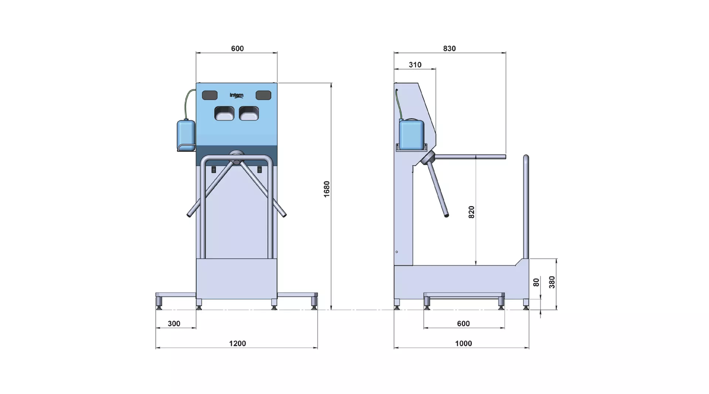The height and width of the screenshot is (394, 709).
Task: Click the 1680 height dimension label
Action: coord(326,189)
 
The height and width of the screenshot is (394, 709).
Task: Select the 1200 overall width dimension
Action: coord(237,343)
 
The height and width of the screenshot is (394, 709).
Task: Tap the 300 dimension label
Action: coord(174,324)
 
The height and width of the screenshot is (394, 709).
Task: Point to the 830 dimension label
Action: coord(449,49)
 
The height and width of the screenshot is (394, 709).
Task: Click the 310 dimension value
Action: coord(415,65)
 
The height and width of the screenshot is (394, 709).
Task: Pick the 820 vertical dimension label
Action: coord(472,212)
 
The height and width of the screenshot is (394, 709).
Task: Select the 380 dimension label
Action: coord(552,282)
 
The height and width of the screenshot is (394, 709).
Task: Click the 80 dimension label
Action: coord(536,282)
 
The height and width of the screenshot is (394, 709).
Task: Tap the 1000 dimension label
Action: coord(463,343)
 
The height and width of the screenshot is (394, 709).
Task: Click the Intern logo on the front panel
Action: coord(236,95)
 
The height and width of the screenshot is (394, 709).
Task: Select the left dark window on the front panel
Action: coord(210,95)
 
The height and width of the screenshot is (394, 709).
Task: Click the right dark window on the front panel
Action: coord(264,95)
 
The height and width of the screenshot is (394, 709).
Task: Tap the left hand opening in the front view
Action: coord(224,113)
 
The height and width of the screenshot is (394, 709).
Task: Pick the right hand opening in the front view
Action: coord(249,113)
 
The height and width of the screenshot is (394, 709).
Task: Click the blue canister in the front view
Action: coord(186,135)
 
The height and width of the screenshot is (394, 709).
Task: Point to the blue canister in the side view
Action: coord(411,134)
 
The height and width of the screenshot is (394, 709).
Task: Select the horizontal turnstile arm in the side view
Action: coord(470,157)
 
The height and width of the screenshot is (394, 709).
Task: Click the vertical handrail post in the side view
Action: coord(526,207)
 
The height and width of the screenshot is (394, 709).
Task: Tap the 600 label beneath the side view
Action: coord(463,324)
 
